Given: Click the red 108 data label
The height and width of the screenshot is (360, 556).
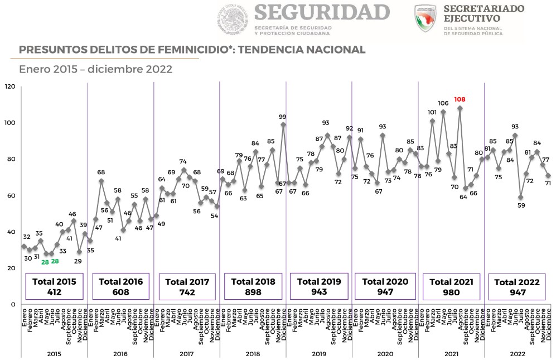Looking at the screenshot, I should click(x=460, y=100).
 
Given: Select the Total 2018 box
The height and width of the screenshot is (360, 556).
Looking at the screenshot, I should click(x=253, y=286).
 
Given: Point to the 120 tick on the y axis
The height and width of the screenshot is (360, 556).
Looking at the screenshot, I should click(x=9, y=87).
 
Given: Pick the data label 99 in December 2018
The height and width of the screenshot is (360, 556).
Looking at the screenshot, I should click(x=283, y=117).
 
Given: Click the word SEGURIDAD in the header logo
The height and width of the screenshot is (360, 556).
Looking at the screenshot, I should click(x=321, y=12).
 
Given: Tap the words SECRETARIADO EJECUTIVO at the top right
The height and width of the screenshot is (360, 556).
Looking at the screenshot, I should click(x=484, y=13).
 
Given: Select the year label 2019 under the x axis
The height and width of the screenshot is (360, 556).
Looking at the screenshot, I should click(x=318, y=354).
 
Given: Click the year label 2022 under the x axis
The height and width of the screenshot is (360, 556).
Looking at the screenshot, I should click(x=517, y=354).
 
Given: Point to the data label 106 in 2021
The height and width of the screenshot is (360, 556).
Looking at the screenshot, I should click(x=443, y=103).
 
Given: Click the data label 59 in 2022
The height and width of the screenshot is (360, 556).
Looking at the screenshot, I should click(x=521, y=205).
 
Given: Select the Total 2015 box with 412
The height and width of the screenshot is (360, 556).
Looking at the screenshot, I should click(x=54, y=286).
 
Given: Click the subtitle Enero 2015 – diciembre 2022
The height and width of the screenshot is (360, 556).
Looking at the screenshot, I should click(x=95, y=70).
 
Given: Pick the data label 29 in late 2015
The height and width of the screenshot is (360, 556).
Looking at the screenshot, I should click(x=79, y=261).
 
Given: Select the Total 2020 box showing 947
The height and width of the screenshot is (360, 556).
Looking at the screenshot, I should click(x=385, y=286).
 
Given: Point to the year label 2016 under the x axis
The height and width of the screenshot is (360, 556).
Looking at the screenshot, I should click(x=120, y=354).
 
